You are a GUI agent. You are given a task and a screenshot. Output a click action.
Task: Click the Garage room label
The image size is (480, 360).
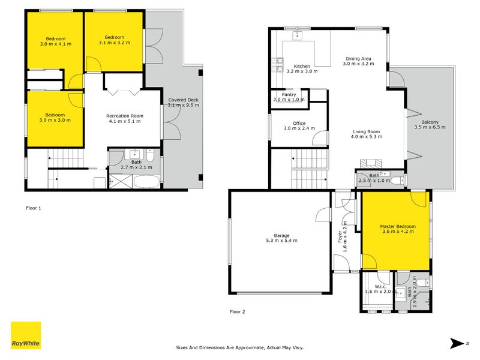282,238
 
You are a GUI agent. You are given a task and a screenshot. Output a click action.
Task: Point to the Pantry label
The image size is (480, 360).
289,97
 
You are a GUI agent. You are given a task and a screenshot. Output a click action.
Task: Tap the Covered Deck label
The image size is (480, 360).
182,101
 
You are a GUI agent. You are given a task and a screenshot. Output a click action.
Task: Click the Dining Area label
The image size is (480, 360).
358,60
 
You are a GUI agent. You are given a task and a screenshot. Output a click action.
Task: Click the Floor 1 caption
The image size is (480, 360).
34,208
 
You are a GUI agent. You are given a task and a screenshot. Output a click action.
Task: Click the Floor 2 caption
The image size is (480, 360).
238,311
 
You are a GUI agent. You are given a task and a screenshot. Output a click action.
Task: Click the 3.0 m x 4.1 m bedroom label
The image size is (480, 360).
55,41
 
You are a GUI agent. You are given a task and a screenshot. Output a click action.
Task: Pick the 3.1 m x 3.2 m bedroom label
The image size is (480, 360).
114,40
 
